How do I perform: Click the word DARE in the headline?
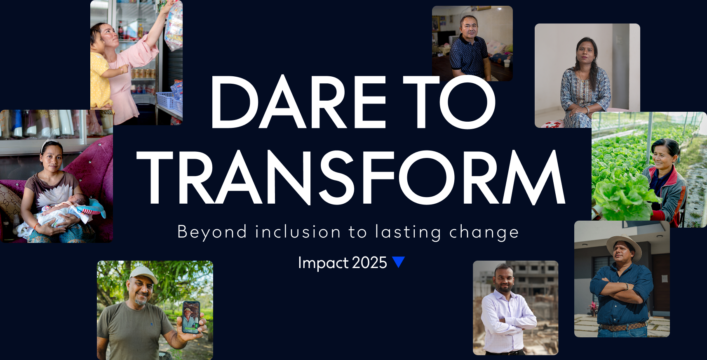298,102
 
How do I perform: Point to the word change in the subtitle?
484,233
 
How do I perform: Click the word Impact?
323,263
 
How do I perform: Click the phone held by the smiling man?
191,317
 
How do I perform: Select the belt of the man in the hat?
622,327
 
